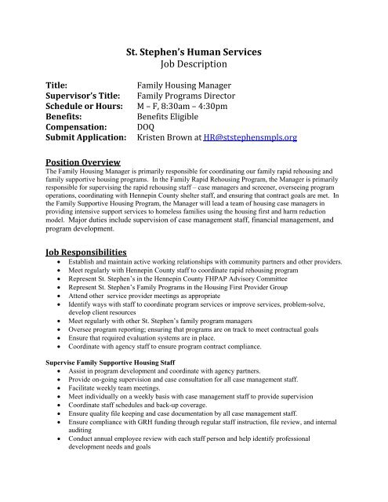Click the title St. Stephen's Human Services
pos(193,53)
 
